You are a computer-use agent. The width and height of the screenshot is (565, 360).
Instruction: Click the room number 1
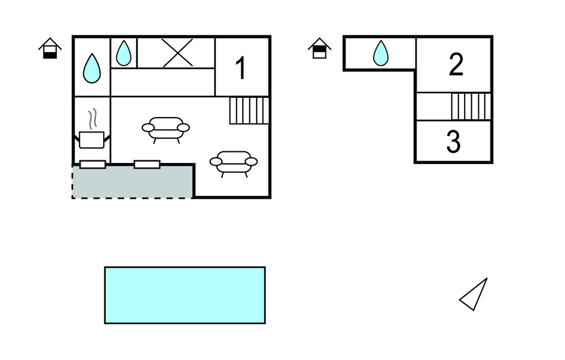point(241,68)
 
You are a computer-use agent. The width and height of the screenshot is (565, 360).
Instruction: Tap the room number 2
point(456,65)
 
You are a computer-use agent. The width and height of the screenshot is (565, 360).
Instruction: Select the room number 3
point(454,142)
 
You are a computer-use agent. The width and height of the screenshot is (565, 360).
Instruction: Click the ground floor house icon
point(50,49)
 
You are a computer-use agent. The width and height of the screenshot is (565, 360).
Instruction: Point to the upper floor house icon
point(319,49)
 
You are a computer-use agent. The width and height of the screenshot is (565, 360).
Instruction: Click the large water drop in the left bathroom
point(92,68)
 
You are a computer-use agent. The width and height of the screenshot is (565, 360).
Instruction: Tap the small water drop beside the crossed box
point(124,53)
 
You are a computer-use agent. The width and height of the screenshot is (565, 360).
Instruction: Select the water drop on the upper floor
point(381,53)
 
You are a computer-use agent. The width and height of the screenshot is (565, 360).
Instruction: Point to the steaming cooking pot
point(92,140)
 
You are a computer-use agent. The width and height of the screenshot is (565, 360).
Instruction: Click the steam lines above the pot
point(93,119)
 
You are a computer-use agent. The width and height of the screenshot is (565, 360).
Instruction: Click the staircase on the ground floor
point(249,110)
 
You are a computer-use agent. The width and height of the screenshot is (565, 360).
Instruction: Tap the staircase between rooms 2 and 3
point(471,107)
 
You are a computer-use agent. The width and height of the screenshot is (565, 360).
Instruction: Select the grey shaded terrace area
point(133,182)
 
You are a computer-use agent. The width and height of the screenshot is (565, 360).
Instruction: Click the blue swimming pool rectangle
point(185,295)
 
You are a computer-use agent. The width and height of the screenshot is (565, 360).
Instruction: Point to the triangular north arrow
point(473,294)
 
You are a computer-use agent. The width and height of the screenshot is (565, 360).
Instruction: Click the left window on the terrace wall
point(93,165)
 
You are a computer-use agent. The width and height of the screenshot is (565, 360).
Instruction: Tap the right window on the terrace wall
point(147,165)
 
